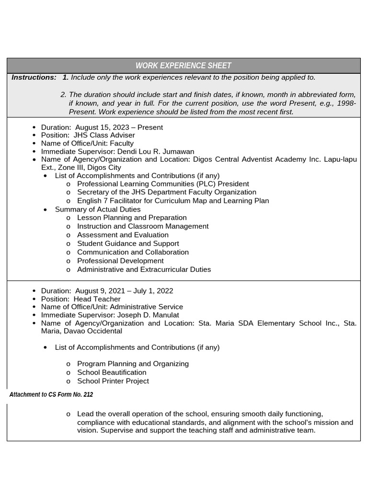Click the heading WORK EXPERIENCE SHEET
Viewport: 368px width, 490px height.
coord(183,66)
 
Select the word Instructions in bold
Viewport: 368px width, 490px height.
coord(34,78)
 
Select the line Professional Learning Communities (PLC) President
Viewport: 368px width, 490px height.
coord(163,184)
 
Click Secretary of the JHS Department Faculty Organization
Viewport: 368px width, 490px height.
coord(166,192)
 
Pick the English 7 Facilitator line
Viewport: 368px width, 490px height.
coord(172,201)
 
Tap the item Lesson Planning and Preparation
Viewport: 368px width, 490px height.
coord(132,218)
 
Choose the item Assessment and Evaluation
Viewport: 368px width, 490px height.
coord(123,235)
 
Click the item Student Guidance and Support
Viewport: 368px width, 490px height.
coord(128,244)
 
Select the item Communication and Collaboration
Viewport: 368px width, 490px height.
coord(133,252)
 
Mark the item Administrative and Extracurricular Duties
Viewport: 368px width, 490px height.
coord(144,269)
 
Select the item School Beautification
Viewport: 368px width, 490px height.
coord(112,372)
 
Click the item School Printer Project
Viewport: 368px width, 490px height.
coord(113,381)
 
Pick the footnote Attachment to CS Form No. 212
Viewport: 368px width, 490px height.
coord(51,395)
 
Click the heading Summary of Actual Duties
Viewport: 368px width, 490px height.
coord(98,210)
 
